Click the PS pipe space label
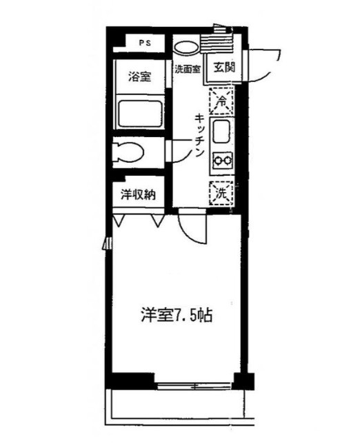pyautogui.click(x=144, y=43)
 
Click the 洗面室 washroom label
pyautogui.click(x=186, y=69)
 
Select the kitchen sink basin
pyautogui.click(x=222, y=131)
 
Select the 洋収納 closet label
pyautogui.click(x=138, y=195)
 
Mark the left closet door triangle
pyautogui.click(x=120, y=221)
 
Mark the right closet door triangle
pyautogui.click(x=158, y=221)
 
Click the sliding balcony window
pyautogui.click(x=194, y=383)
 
